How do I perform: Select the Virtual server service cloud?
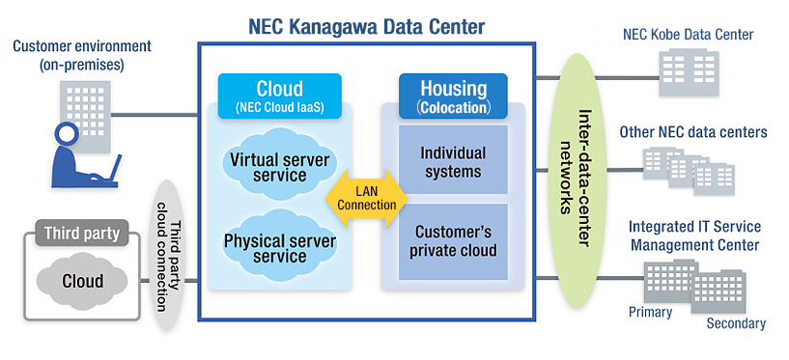tap(278, 165)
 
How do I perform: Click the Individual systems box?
tap(452, 162)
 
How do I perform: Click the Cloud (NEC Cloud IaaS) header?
tap(279, 93)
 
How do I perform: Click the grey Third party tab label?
tap(81, 233)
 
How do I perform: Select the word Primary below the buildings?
tap(650, 312)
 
